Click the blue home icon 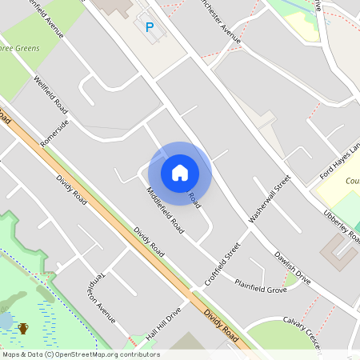180,172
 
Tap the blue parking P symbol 149,27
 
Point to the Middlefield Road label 165,210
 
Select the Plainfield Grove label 260,286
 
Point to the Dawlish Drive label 292,268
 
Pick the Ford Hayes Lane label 340,161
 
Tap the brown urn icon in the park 24,327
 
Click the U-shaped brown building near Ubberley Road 340,254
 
